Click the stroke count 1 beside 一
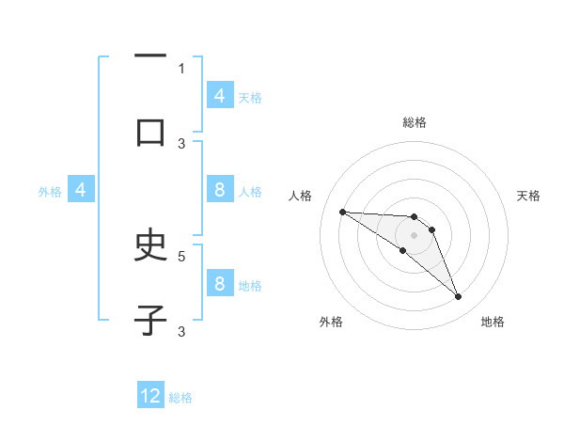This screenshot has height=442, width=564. [x=181, y=68]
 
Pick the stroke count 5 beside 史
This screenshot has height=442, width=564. [x=181, y=255]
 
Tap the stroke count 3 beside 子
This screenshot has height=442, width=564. [x=181, y=330]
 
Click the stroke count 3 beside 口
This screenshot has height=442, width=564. [x=181, y=143]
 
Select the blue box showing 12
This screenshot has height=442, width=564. [x=150, y=396]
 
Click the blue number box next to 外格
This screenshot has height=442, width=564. [x=81, y=190]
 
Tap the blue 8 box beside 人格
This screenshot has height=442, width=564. [x=220, y=190]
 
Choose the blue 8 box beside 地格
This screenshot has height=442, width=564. [x=220, y=284]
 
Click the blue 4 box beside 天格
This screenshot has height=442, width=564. [x=220, y=96]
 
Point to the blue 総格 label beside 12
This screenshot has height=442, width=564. [x=180, y=398]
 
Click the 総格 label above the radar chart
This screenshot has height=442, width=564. [x=414, y=122]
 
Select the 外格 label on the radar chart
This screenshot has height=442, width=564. [x=331, y=322]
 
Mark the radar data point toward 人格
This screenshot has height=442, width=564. [x=342, y=212]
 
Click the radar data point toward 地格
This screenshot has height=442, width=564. [x=458, y=297]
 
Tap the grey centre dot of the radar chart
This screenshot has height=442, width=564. [x=414, y=235]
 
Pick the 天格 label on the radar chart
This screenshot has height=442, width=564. [x=529, y=196]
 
